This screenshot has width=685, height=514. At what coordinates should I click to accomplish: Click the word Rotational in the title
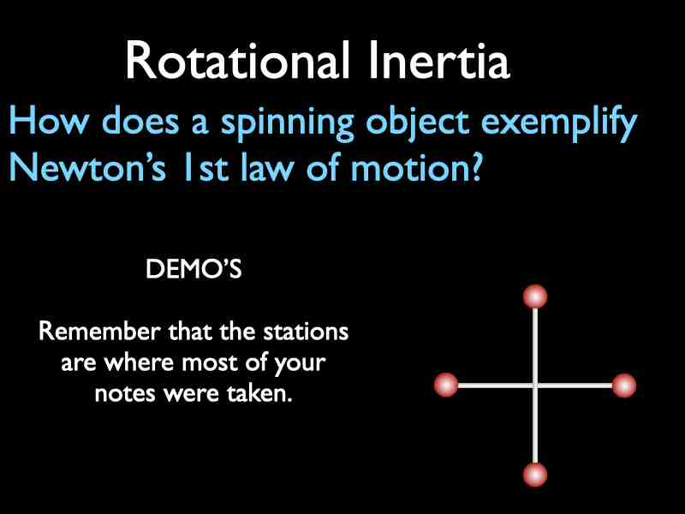pos(232,61)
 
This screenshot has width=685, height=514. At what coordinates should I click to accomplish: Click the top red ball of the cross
pos(535,297)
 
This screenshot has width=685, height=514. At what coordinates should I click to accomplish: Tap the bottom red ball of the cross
pos(535,474)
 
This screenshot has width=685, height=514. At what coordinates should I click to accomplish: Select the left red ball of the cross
pos(446,385)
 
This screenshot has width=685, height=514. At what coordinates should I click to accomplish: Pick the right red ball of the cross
pos(624,385)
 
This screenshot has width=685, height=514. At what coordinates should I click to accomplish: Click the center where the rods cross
pos(535,385)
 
